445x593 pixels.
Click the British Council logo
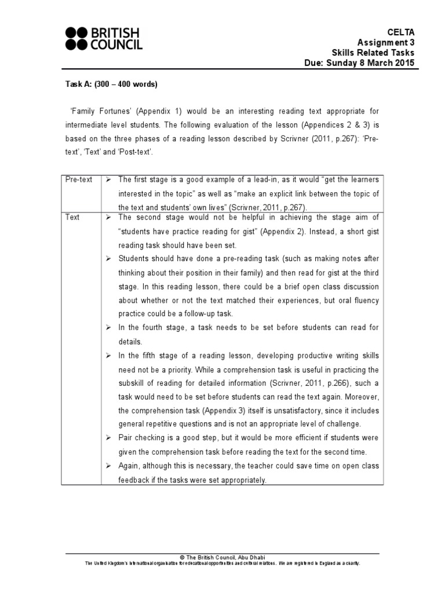pyautogui.click(x=104, y=38)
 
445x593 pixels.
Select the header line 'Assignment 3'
pyautogui.click(x=386, y=42)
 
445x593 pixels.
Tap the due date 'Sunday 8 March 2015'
pyautogui.click(x=377, y=63)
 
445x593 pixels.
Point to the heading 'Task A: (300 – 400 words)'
pyautogui.click(x=111, y=85)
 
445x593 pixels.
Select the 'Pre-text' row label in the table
pyautogui.click(x=79, y=180)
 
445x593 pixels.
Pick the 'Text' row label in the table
pyautogui.click(x=72, y=217)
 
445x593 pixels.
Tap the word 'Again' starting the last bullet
pyautogui.click(x=129, y=466)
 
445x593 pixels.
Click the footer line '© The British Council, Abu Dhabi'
pyautogui.click(x=222, y=557)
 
